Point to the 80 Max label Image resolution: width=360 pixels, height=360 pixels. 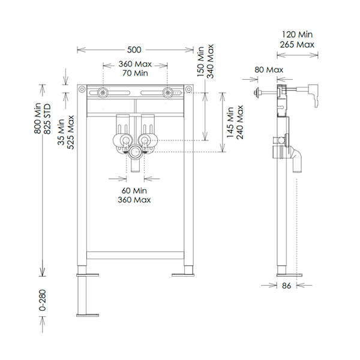pos(268,70)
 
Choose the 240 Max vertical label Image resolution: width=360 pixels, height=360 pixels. pos(240,122)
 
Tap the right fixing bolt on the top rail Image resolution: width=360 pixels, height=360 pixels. pos(168,92)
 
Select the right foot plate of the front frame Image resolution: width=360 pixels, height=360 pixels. pos(183,275)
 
